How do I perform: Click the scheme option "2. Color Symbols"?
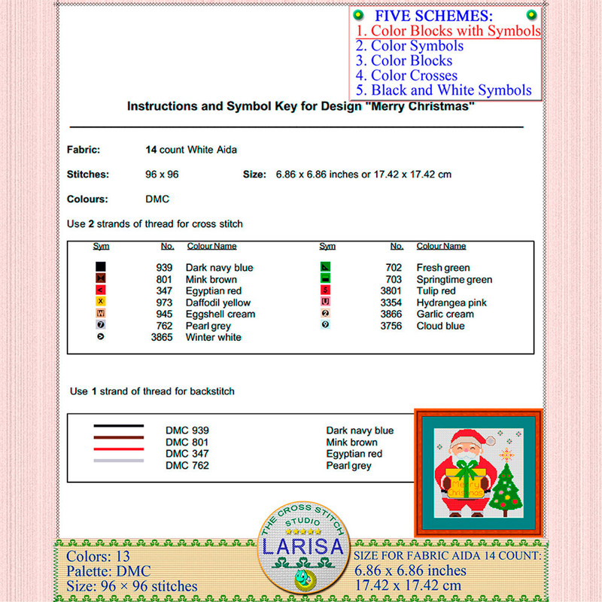(x=409, y=46)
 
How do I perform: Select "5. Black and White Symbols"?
(x=444, y=90)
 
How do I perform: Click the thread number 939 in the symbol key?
(x=165, y=268)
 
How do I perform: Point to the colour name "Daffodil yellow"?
(x=218, y=303)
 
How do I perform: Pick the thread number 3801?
(x=392, y=291)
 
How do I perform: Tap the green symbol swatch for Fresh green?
(x=325, y=267)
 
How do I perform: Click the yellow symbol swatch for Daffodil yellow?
(x=101, y=303)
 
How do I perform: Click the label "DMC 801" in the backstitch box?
(x=187, y=442)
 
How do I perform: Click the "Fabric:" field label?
(x=83, y=150)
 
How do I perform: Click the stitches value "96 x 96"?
(x=162, y=174)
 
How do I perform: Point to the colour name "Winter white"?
(x=213, y=338)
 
